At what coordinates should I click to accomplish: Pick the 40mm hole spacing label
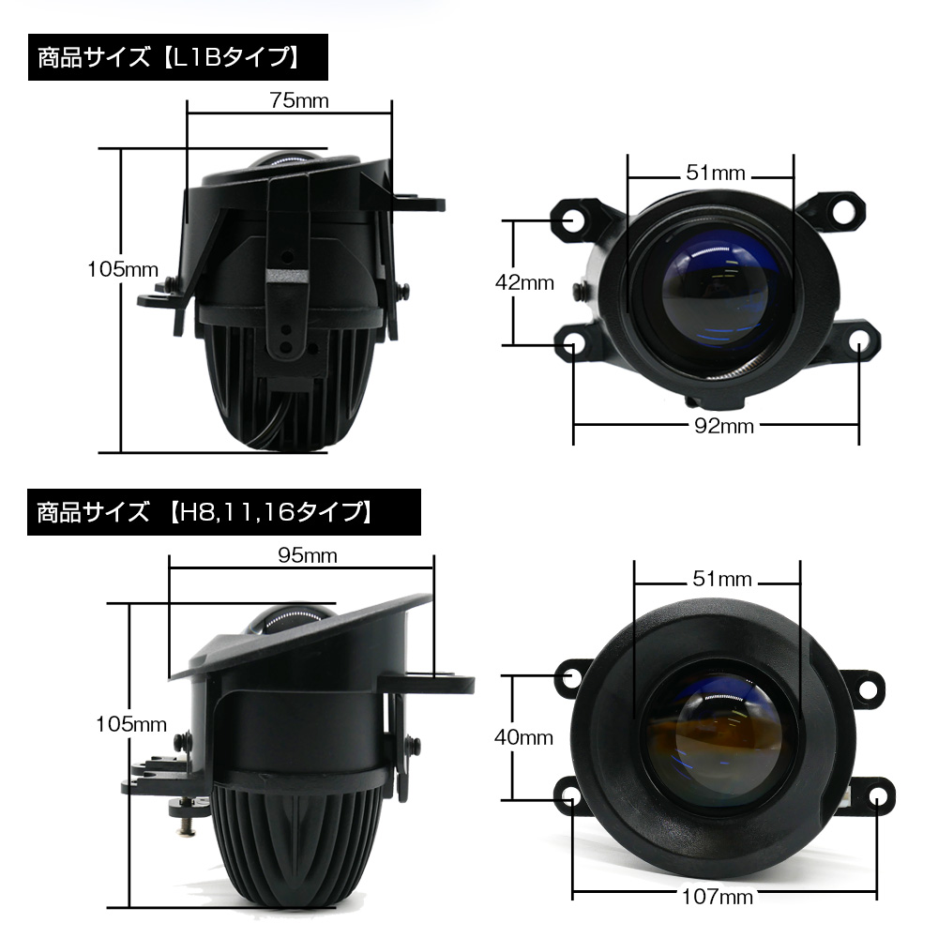pos(523,737)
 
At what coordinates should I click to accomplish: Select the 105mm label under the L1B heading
pos(122,269)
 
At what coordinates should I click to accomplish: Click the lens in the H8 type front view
pos(718,741)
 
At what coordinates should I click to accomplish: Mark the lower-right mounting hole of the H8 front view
pos(876,796)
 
